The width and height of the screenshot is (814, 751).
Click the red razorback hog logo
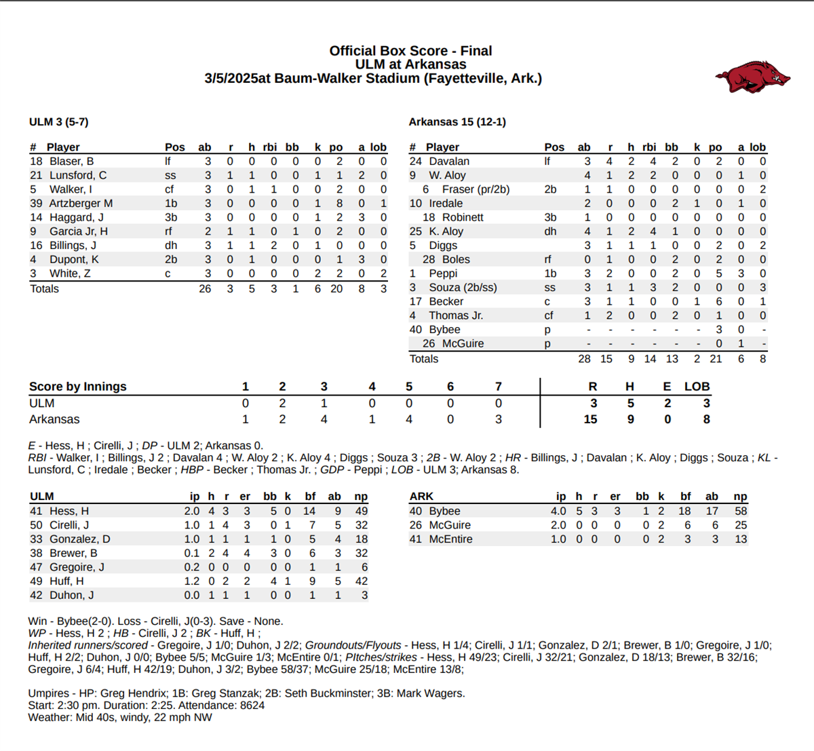tap(752, 76)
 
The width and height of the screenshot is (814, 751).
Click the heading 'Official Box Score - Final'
tap(410, 51)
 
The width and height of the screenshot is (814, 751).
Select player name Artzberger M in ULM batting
tap(81, 204)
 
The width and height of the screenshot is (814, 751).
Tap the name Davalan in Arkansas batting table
tap(448, 161)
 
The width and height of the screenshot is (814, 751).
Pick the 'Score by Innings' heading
tap(78, 387)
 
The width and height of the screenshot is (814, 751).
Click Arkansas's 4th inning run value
tap(372, 419)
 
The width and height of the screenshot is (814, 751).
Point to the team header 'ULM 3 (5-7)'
tap(58, 122)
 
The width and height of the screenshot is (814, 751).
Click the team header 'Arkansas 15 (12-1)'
tap(457, 122)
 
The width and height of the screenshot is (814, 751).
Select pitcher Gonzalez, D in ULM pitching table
tap(79, 539)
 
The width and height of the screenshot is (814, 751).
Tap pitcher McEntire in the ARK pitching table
tap(450, 539)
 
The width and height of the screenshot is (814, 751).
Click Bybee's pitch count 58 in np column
tap(741, 512)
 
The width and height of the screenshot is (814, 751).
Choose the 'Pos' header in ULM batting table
tap(174, 147)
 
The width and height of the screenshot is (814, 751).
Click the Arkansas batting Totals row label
tap(424, 359)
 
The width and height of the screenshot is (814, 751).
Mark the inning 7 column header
tap(499, 387)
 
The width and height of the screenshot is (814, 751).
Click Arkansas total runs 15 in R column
tap(591, 419)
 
